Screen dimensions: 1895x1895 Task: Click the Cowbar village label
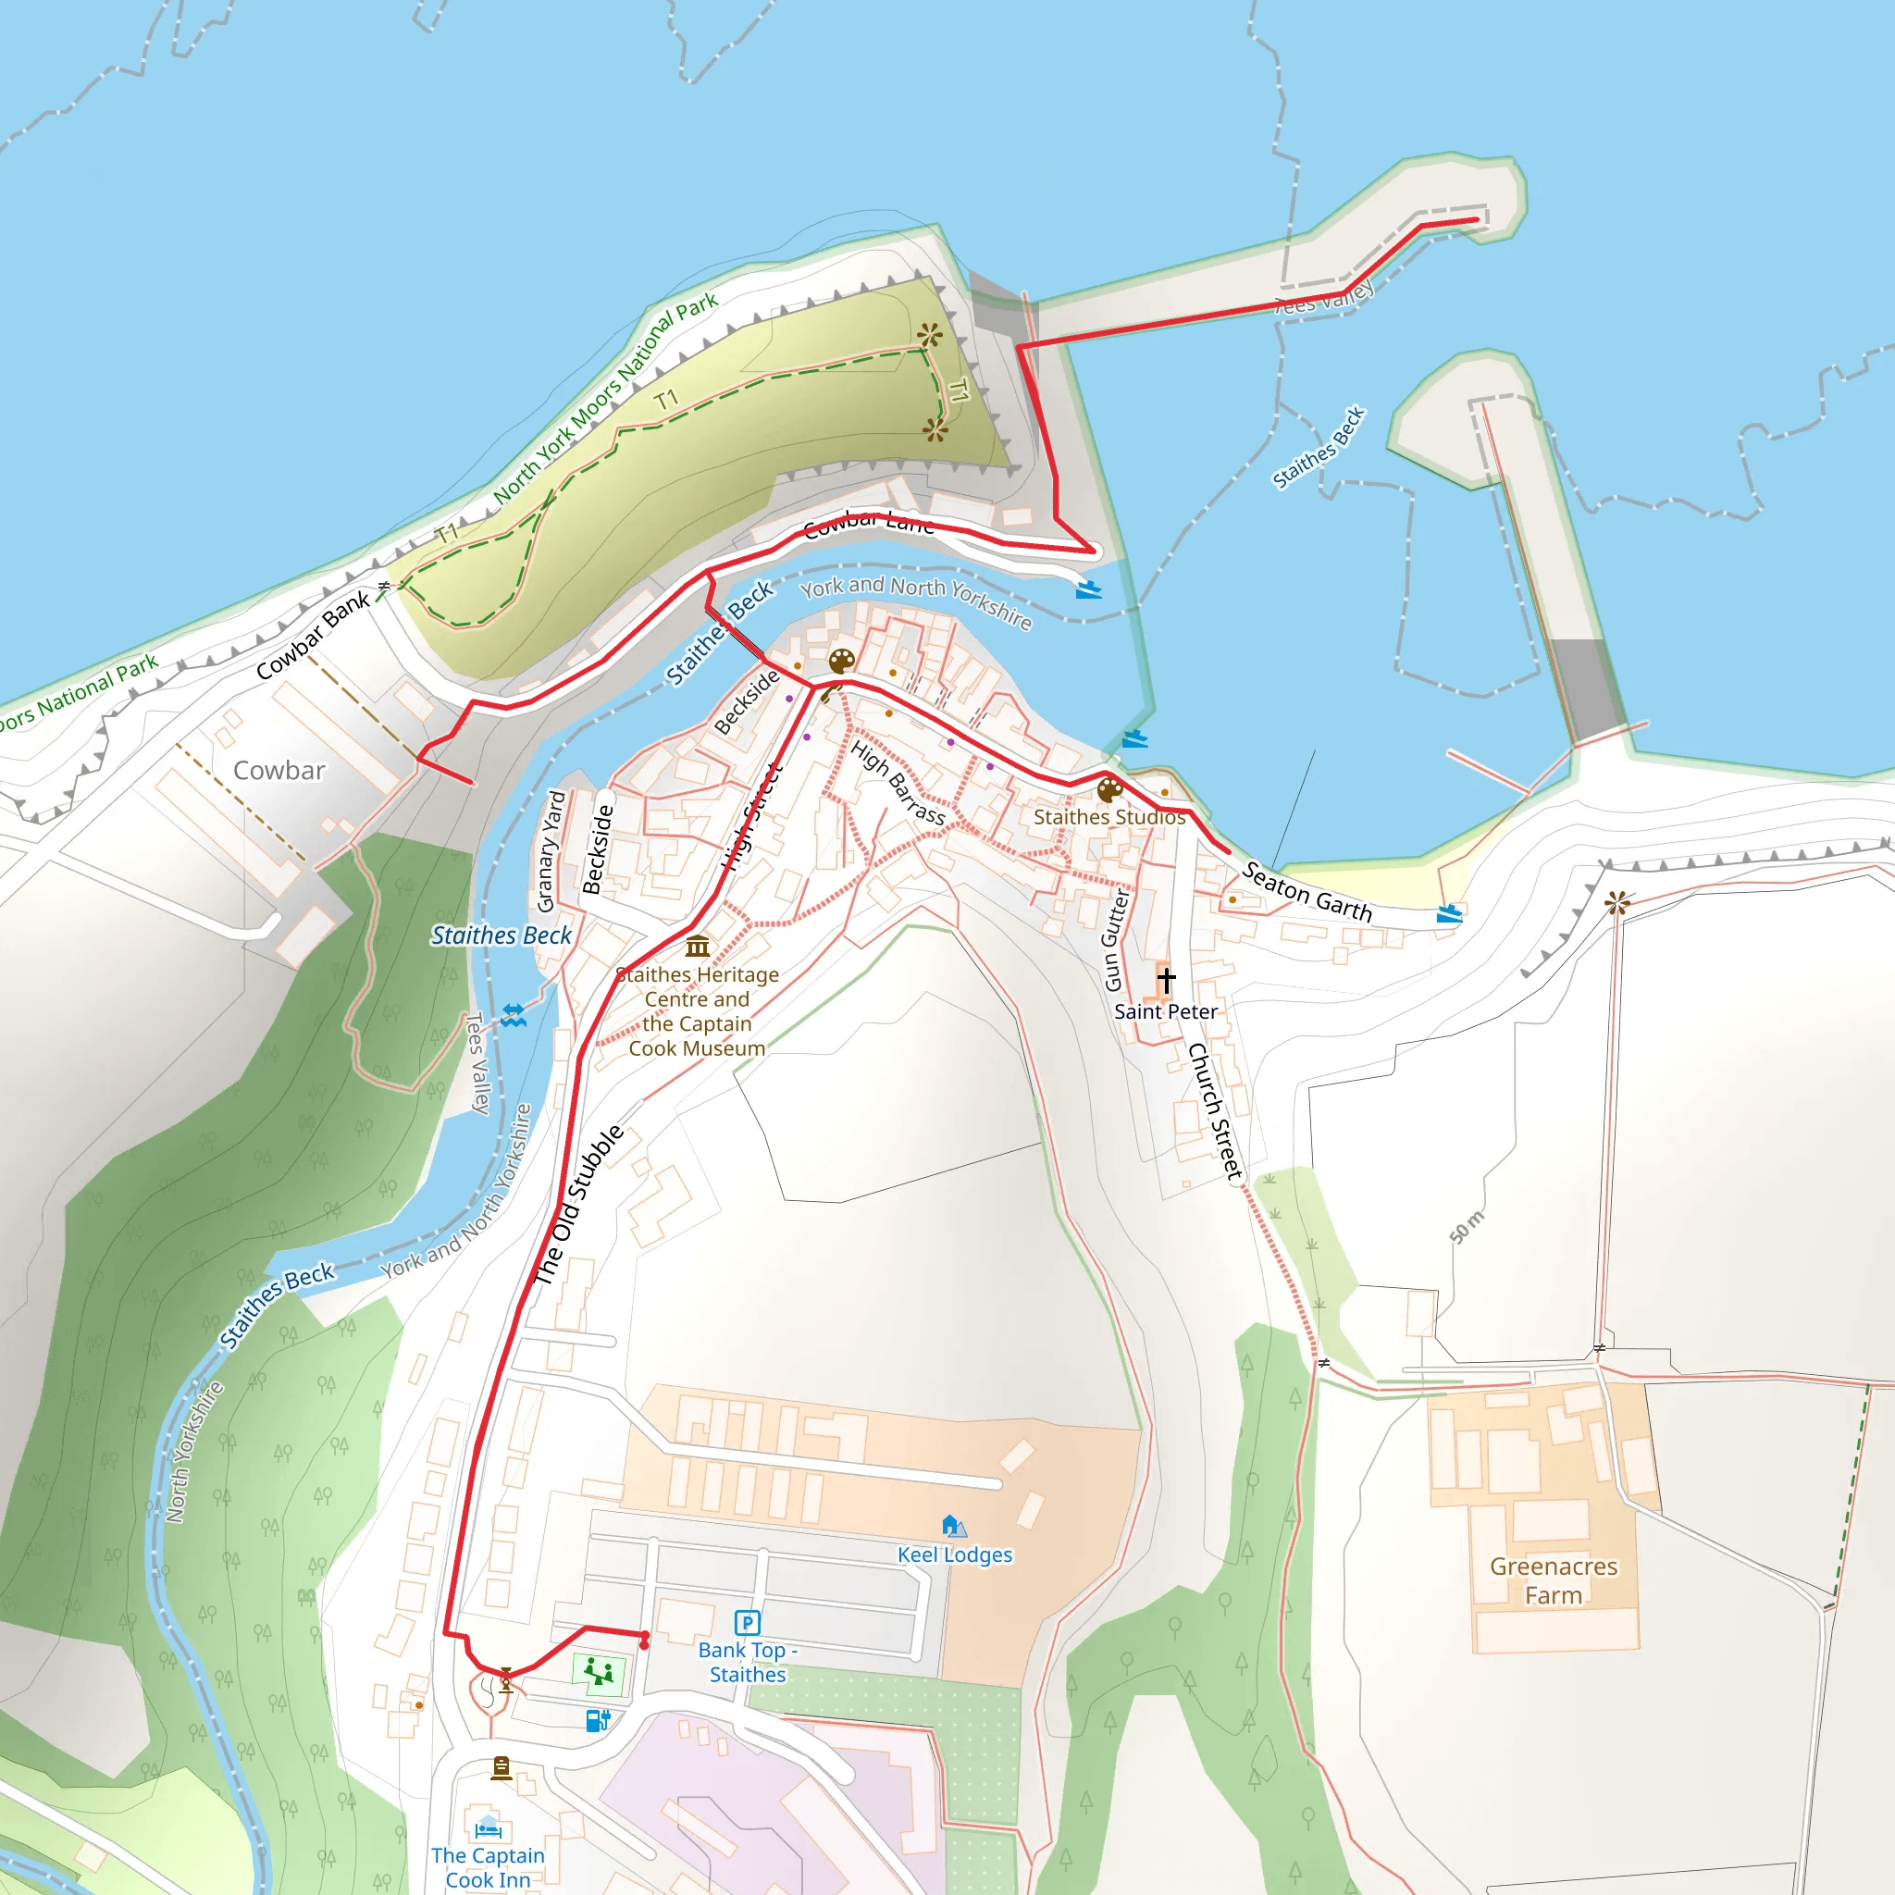tap(279, 770)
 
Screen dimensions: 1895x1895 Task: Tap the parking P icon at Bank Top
tap(748, 1622)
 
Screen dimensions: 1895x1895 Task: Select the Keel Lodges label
tap(954, 1554)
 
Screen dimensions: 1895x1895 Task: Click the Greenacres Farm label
tap(1554, 1580)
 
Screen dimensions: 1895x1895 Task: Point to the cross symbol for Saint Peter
tap(1165, 979)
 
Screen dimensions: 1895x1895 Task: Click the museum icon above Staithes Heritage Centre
tap(698, 947)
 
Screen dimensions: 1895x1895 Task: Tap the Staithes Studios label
tap(1109, 817)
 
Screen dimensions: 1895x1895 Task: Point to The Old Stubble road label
tap(577, 1206)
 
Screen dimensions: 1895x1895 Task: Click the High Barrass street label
tap(898, 783)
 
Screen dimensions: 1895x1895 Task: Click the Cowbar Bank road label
tap(312, 636)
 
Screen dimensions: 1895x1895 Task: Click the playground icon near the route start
tap(599, 1670)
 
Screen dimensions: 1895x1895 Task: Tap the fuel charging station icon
tap(598, 1719)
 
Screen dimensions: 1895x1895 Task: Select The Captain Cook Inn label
tap(488, 1866)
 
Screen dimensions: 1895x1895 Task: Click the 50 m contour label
tap(1468, 1227)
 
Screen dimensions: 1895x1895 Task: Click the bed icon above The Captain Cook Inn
tap(488, 1829)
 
